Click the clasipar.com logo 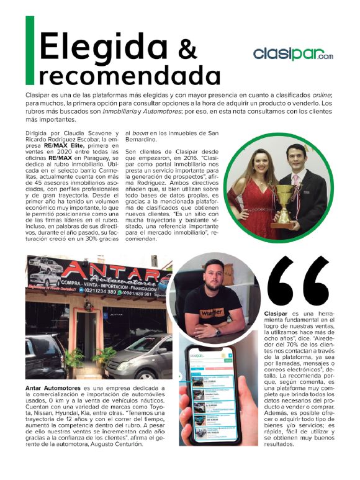click(x=292, y=54)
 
